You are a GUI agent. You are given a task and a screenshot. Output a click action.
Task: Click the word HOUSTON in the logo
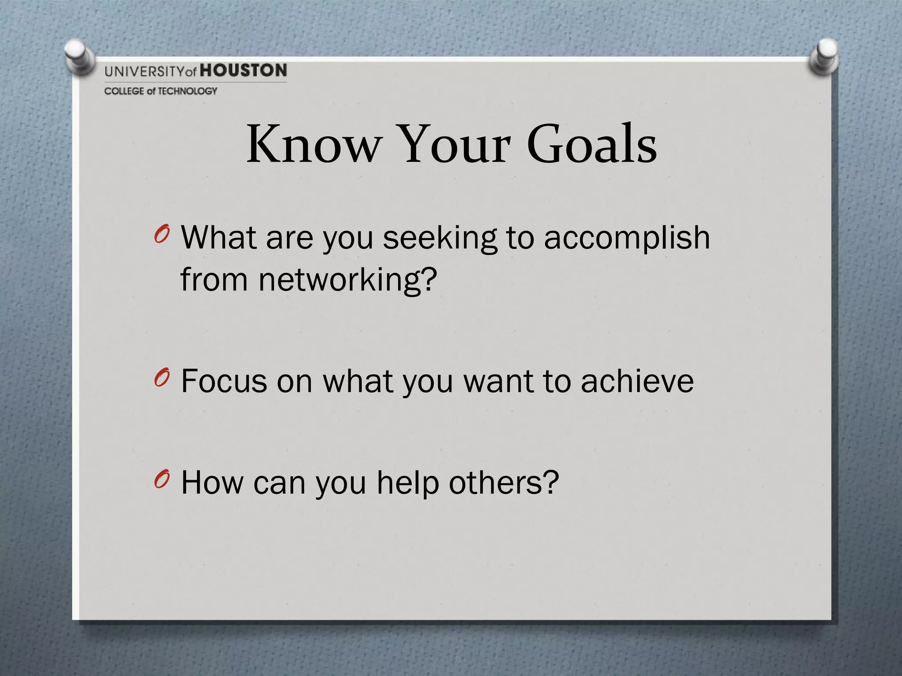point(244,70)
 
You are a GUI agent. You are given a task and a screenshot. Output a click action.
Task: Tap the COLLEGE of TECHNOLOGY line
point(161,91)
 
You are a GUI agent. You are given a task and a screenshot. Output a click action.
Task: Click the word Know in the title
point(313,144)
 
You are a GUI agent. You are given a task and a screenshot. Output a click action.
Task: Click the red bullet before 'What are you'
point(162,235)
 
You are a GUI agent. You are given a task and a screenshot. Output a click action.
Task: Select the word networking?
point(347,280)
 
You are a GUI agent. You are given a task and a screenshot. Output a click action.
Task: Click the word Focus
point(224,381)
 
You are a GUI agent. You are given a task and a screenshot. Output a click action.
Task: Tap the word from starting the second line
point(214,280)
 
